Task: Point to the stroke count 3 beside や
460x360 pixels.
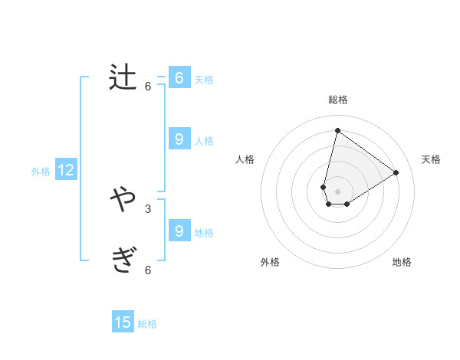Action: click(x=148, y=209)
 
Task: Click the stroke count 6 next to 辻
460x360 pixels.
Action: click(x=148, y=87)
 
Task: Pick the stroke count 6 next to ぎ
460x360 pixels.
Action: click(x=148, y=270)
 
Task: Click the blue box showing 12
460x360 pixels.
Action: click(x=66, y=170)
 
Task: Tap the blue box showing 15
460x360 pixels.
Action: click(x=123, y=322)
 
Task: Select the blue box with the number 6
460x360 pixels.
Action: click(x=179, y=78)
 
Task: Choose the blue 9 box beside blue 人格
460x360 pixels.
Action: click(x=179, y=139)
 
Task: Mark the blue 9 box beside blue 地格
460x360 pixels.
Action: click(x=179, y=231)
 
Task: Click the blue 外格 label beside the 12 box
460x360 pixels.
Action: click(x=41, y=172)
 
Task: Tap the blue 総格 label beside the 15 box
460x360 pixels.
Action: click(x=147, y=324)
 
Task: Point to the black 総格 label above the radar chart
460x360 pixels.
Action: click(x=338, y=100)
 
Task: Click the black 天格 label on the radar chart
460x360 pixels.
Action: click(x=432, y=159)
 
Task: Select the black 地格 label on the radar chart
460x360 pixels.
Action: click(x=402, y=262)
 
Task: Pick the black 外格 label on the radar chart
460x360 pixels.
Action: click(x=270, y=262)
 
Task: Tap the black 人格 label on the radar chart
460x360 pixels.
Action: click(x=245, y=159)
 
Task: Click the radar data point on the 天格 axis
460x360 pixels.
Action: click(x=396, y=172)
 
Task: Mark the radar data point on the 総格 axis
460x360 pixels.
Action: click(x=337, y=130)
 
